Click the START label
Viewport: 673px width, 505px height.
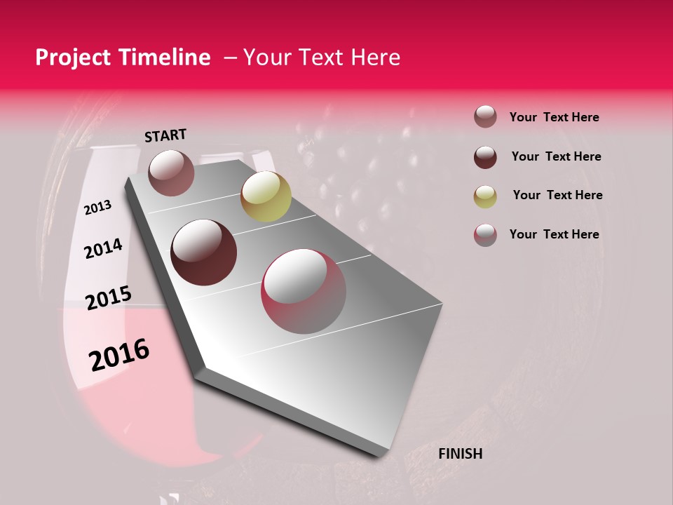(x=165, y=135)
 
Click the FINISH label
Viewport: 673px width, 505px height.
(x=460, y=454)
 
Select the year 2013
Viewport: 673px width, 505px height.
(x=97, y=208)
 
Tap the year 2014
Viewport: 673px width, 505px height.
(x=103, y=248)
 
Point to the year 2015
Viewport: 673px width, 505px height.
(x=109, y=299)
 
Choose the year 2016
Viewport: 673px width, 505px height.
(x=119, y=355)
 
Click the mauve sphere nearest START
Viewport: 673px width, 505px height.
(x=172, y=173)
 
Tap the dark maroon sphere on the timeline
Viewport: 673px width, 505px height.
(x=204, y=252)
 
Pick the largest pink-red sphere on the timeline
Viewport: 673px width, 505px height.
(x=304, y=291)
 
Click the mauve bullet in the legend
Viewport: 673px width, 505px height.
(x=485, y=117)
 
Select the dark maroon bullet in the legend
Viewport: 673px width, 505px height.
(x=485, y=157)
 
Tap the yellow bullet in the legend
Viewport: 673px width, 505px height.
(x=485, y=196)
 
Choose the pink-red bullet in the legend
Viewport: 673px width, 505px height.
(x=485, y=235)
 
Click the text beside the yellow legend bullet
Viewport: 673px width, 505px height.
(x=557, y=195)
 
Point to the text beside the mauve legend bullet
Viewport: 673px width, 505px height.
(x=554, y=117)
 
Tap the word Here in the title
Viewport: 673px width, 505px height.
(x=376, y=58)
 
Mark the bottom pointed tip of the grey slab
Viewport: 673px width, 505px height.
(x=379, y=457)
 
